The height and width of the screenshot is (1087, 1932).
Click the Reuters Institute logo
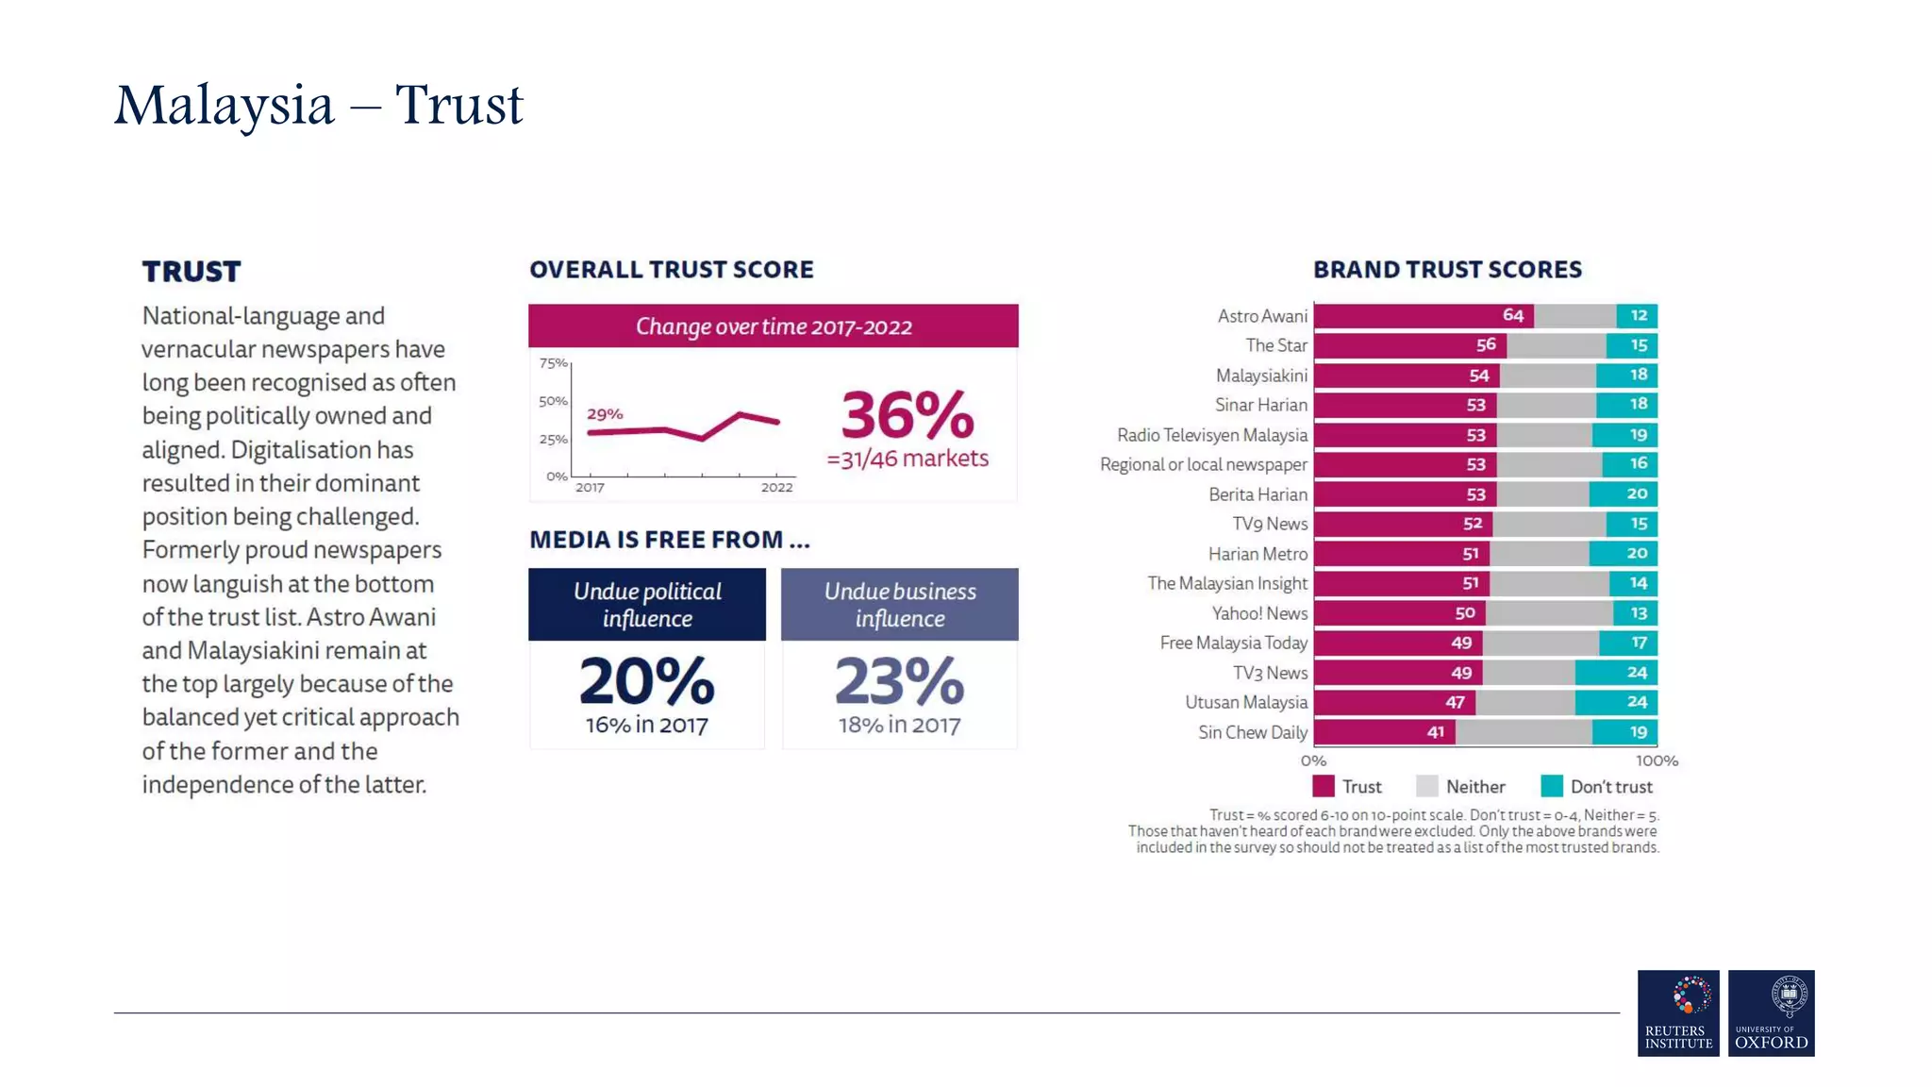1677,1012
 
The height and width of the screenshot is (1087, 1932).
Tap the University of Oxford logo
1771,1012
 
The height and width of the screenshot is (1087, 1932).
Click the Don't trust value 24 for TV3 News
1637,673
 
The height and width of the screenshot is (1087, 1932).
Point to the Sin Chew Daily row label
1252,732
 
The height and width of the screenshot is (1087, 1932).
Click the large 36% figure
907,415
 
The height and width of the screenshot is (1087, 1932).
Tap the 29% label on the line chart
605,414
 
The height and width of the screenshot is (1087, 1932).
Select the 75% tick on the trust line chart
553,363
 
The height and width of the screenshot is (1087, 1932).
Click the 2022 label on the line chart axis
776,488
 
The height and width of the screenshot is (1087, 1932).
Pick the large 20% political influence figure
647,681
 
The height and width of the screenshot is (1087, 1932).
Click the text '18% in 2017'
899,726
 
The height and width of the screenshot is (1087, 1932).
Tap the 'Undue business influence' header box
899,605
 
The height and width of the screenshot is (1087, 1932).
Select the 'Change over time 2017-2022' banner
773,326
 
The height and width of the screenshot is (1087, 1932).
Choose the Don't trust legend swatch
1551,787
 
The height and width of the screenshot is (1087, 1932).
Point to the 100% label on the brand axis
1656,761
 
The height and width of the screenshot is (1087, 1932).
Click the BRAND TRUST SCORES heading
1447,270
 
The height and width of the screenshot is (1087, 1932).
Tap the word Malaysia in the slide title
225,105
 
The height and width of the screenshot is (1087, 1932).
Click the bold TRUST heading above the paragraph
192,272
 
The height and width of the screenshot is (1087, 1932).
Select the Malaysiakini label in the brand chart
1261,376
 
